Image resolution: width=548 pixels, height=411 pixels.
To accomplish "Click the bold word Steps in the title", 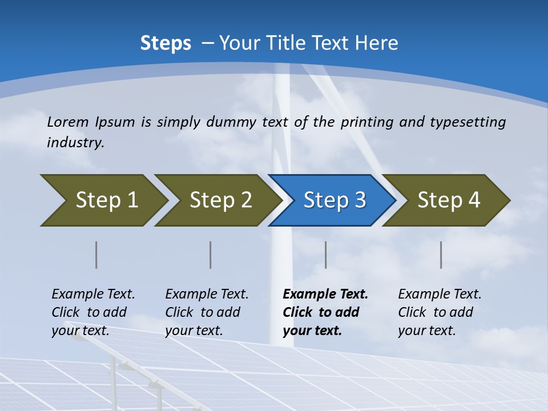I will point(166,43).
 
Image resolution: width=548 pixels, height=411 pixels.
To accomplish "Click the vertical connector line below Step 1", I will point(96,255).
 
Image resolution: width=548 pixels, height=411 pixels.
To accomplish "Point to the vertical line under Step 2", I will point(211,255).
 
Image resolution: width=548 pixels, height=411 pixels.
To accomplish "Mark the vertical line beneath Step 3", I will point(325,255).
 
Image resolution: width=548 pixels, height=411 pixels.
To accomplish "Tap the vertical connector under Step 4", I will point(441,255).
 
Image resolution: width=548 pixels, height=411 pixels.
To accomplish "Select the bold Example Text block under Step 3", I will point(325,312).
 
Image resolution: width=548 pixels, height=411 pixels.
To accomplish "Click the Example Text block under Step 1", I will point(93,312).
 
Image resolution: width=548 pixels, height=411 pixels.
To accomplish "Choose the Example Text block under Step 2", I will point(207,312).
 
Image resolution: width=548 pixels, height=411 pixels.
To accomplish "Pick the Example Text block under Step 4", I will point(440,312).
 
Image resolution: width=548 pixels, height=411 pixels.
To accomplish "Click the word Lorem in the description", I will point(68,122).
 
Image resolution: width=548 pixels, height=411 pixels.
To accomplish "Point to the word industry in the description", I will point(75,143).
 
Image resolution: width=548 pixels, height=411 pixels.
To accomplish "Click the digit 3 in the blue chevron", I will point(360,200).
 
